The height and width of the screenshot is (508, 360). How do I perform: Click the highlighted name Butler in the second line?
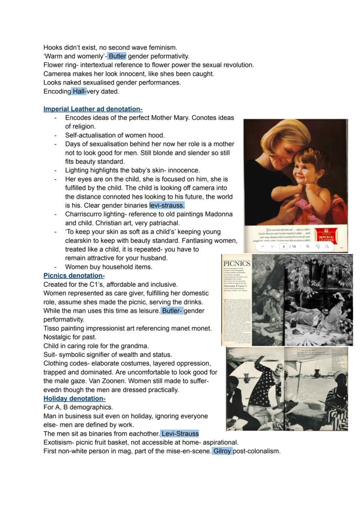pos(117,56)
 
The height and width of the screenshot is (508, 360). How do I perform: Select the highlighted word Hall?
pos(79,91)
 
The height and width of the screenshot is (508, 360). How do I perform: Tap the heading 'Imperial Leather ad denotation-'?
pos(93,109)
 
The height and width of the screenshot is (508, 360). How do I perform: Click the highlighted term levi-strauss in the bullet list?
pos(167,205)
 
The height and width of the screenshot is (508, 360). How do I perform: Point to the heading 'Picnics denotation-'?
pos(74,276)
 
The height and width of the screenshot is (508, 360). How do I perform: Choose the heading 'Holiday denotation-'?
pos(74,398)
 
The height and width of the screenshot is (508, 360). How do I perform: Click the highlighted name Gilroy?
pos(222,451)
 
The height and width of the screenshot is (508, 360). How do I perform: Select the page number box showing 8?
pos(284,246)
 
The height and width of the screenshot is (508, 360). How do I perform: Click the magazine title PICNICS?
pos(237,264)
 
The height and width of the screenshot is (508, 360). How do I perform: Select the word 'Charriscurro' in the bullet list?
pos(83,214)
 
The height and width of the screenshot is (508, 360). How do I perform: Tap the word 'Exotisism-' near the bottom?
pos(59,442)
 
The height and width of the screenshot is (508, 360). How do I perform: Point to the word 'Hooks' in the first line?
pos(53,47)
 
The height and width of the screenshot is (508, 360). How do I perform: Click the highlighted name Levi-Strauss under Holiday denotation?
pos(180,433)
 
